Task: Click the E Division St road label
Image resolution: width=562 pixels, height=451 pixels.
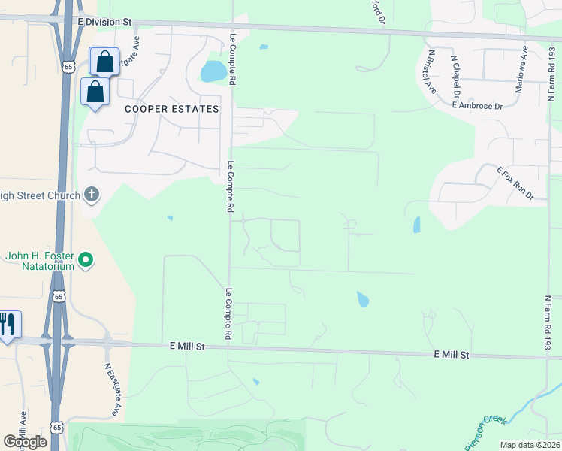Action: [108, 23]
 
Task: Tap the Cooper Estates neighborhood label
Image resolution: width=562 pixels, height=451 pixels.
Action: [171, 109]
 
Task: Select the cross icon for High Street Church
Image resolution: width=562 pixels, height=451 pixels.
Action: [92, 195]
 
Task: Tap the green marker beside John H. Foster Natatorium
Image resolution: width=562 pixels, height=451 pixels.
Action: [86, 261]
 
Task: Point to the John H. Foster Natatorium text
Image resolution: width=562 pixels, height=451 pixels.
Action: [40, 261]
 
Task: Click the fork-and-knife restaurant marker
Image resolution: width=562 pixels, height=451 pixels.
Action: [8, 325]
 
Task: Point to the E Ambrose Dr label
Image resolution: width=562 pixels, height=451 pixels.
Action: [477, 106]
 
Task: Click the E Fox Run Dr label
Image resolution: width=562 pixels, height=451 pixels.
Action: [515, 183]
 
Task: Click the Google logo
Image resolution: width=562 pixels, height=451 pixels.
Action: [25, 441]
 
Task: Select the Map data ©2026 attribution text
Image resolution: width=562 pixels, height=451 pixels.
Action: [529, 445]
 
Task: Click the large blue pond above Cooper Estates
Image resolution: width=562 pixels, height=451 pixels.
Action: [213, 72]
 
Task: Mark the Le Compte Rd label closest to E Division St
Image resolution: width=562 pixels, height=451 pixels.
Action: [233, 56]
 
